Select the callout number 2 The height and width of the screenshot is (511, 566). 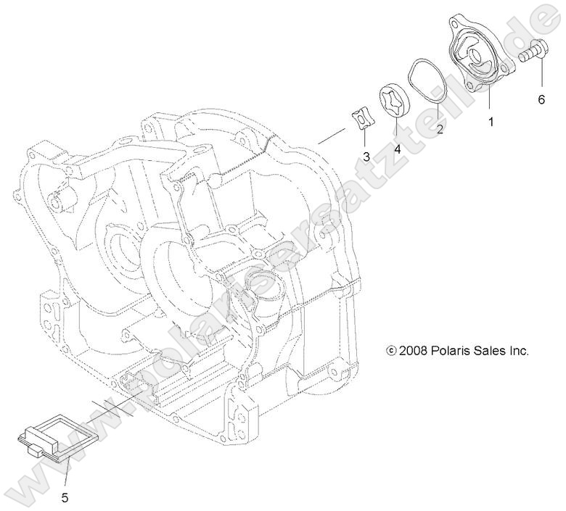point(440,130)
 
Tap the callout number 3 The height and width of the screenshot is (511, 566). point(366,156)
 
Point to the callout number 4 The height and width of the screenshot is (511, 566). point(397,149)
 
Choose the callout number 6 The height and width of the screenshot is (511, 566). point(541,100)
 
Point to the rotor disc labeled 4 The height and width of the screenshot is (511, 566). point(393,102)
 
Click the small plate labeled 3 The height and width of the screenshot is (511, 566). point(360,118)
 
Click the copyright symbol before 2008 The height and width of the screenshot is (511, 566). point(392,351)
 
